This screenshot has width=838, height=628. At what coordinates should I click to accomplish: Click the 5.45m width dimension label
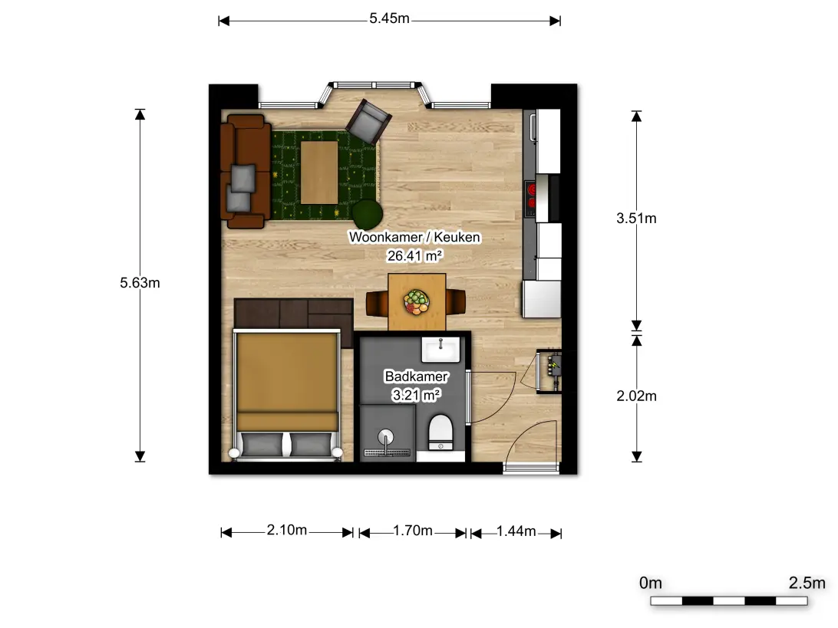(x=389, y=18)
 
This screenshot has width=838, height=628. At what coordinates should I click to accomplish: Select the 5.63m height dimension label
(x=140, y=282)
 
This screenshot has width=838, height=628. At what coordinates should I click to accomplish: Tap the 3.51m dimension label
(x=636, y=218)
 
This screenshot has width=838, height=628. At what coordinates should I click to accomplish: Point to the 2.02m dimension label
(x=636, y=396)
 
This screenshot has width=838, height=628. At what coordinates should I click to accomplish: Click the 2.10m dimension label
(x=286, y=530)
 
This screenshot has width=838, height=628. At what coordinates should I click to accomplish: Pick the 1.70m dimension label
(x=413, y=531)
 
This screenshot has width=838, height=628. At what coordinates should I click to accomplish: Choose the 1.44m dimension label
(x=516, y=531)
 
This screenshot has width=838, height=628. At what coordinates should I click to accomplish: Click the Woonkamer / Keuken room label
(x=414, y=237)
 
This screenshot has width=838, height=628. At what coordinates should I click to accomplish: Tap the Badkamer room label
(x=417, y=376)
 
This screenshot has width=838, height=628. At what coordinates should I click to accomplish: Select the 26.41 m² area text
(x=414, y=256)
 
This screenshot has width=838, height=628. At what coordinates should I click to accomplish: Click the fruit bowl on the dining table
(x=417, y=301)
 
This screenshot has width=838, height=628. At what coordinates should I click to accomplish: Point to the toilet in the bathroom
(x=440, y=432)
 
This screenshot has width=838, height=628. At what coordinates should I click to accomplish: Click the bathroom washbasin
(x=440, y=350)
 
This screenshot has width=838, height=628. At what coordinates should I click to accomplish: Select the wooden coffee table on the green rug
(x=319, y=172)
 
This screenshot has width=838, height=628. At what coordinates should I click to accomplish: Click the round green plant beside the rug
(x=367, y=214)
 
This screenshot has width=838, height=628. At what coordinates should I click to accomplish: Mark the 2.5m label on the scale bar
(x=807, y=583)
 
